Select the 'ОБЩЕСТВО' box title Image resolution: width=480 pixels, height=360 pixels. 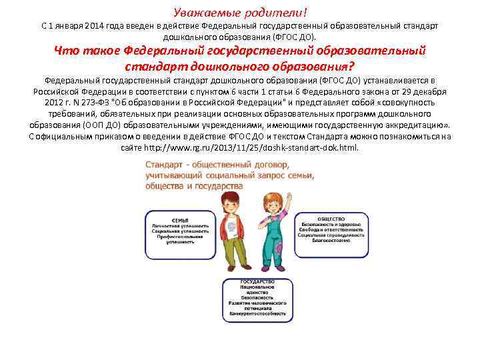(331, 219)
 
